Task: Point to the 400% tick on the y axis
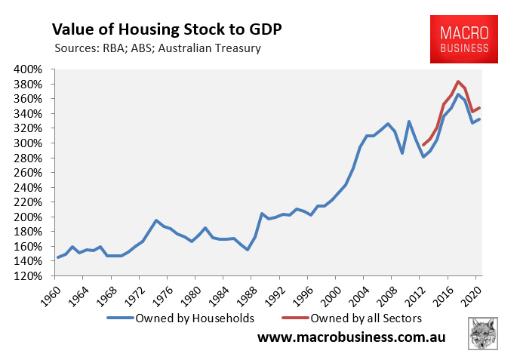pos(33,69)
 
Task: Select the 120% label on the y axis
pos(33,275)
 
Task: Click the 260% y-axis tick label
pos(33,172)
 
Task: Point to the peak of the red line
pos(458,82)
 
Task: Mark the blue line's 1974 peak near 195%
pos(156,220)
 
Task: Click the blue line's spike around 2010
pos(409,122)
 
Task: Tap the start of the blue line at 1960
pos(58,257)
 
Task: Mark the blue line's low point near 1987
pos(248,249)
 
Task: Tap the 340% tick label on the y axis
pos(33,113)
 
